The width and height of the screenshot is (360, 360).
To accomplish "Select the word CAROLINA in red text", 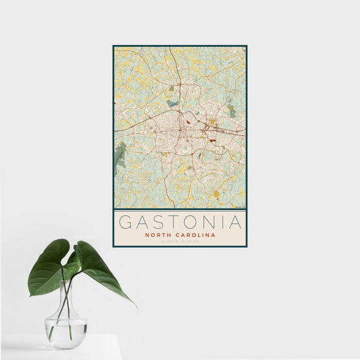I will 195,235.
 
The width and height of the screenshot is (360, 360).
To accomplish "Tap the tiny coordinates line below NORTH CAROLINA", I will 180,242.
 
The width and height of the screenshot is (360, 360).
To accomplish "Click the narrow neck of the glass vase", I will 65,300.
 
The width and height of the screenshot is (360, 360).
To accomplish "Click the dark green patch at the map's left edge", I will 120,155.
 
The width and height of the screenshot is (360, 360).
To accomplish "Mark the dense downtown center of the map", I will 180,129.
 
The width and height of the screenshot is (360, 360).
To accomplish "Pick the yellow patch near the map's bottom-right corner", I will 216,193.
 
